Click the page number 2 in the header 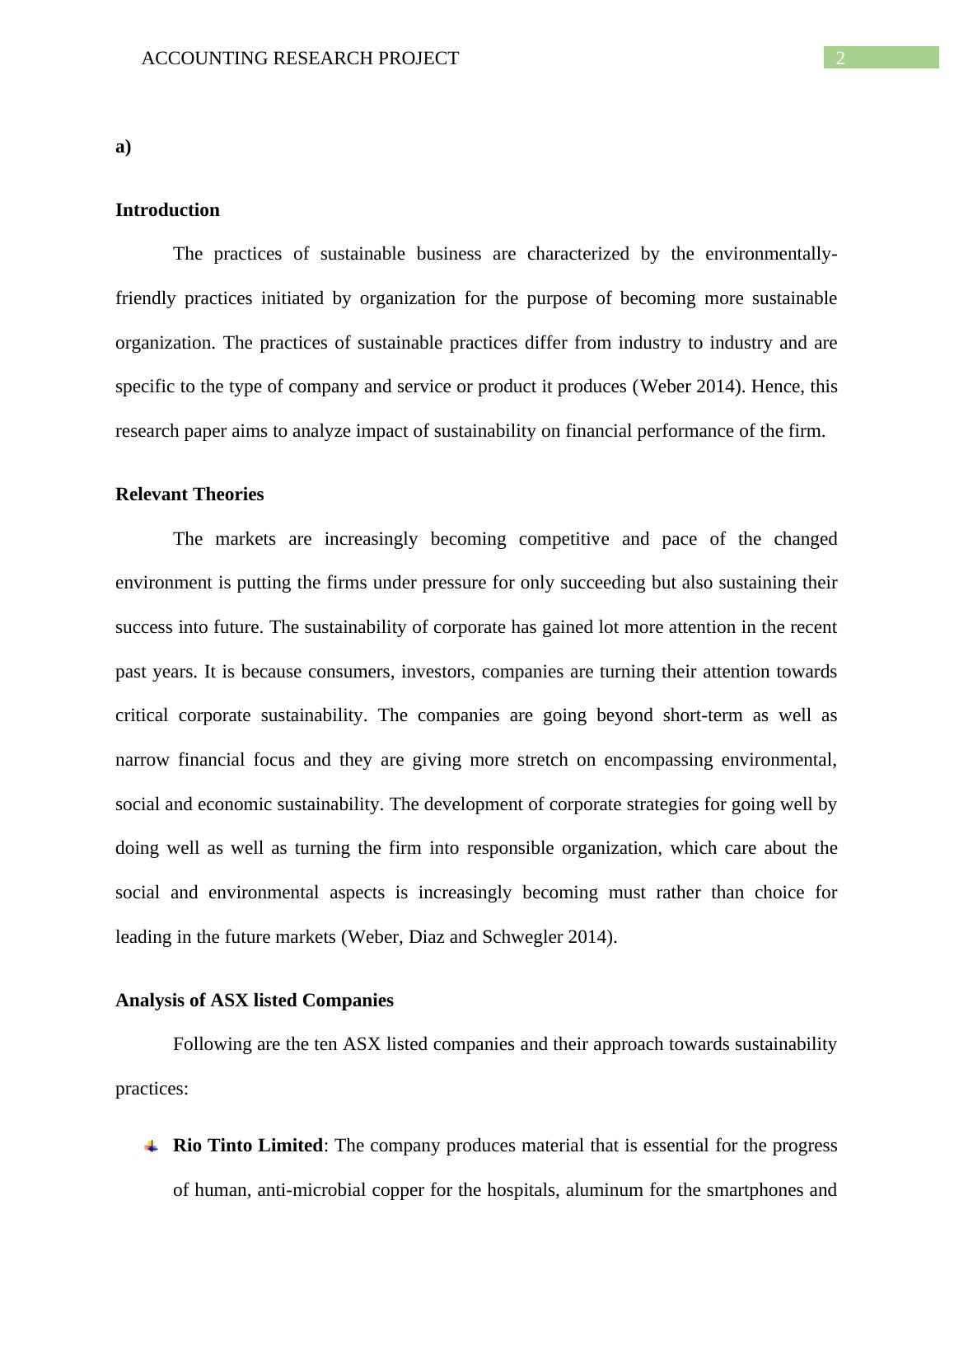point(840,59)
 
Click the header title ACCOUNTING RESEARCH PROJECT point(300,59)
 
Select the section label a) point(124,147)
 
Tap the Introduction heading point(167,210)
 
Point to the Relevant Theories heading point(189,495)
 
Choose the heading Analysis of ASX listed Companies point(254,1001)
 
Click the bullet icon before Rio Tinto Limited point(152,1146)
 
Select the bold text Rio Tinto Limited point(247,1146)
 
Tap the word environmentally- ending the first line point(769,254)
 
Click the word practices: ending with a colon point(152,1089)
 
